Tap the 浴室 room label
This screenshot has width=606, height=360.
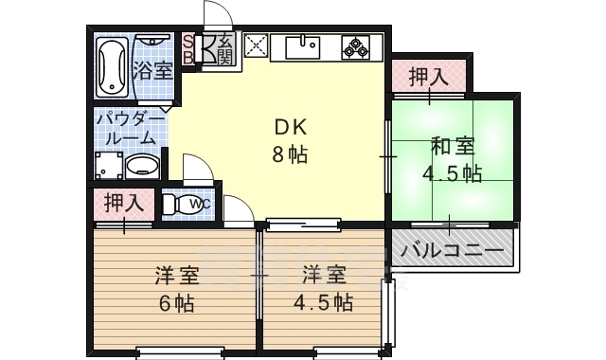tap(151, 69)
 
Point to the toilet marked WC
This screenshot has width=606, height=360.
tap(186, 204)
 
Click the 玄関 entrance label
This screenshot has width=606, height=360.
tap(224, 48)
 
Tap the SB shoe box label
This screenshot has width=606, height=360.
tap(187, 48)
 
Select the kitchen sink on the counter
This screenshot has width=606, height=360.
tap(307, 46)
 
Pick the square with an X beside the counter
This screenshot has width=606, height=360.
tap(254, 46)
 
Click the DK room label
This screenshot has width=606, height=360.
tap(291, 128)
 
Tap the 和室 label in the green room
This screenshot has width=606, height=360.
tap(454, 147)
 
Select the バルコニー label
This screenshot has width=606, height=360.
tap(452, 252)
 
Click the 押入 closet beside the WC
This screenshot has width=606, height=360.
tap(123, 203)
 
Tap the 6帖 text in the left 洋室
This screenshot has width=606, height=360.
tap(176, 303)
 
